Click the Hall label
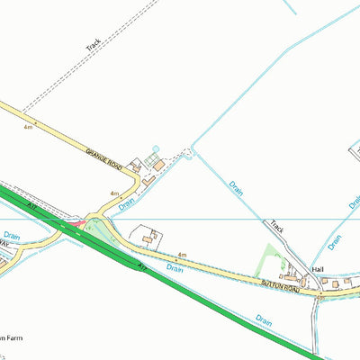(x=317, y=270)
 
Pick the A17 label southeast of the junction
(x=140, y=267)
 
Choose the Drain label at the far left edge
(x=11, y=236)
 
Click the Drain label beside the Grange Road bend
(x=127, y=205)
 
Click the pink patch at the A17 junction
(x=79, y=221)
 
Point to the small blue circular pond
(x=156, y=148)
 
